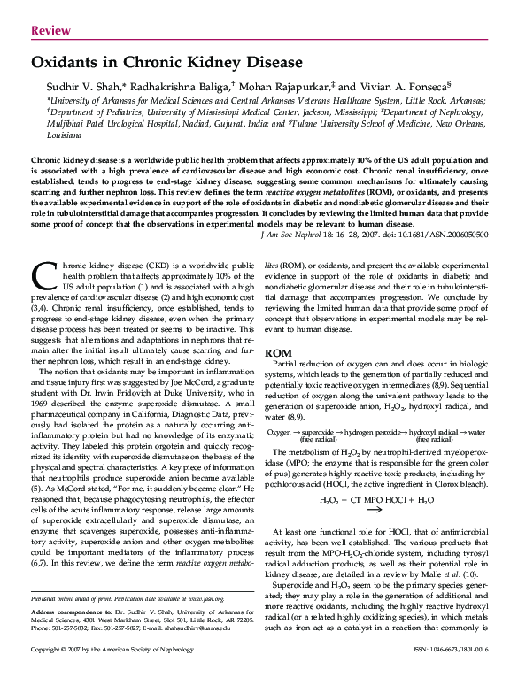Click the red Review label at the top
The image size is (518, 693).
click(x=50, y=31)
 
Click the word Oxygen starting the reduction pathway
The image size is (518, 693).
click(x=280, y=431)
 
